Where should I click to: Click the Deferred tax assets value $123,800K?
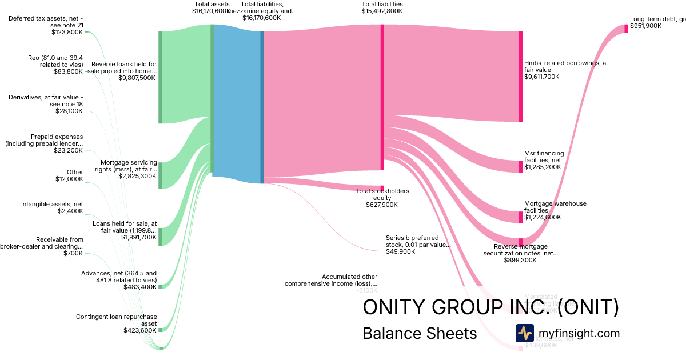[x=67, y=33]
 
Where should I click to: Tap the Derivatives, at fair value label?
[x=46, y=101]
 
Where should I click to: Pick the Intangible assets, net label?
[x=52, y=203]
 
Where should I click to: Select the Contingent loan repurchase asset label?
[x=116, y=319]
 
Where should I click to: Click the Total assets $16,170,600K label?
[x=211, y=7]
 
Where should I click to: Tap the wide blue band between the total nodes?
[x=237, y=103]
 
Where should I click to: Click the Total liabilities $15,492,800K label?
[x=382, y=7]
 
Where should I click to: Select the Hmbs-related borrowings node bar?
[x=521, y=77]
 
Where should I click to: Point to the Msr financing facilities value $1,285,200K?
[x=543, y=167]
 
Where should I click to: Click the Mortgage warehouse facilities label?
[x=555, y=207]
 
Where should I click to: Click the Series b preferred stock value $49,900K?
[x=401, y=251]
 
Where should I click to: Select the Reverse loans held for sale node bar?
[x=160, y=77]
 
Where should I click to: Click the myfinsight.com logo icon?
[x=524, y=333]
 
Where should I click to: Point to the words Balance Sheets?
[x=420, y=333]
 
